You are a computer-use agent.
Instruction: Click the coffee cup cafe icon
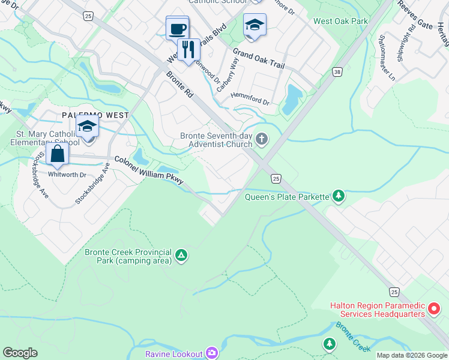pos(177,28)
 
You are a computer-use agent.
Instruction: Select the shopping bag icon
pos(57,153)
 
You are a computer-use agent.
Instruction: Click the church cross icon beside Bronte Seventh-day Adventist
pos(261,140)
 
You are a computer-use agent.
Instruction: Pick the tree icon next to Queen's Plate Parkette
pos(339,196)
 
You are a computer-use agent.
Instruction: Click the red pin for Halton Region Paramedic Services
pos(435,310)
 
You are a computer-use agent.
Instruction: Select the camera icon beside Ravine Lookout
pos(211,353)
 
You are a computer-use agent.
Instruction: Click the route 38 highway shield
pos(338,72)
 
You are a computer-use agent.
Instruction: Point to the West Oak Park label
pos(340,21)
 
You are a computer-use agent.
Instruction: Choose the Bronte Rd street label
pos(180,85)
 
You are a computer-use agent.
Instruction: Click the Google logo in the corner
pos(20,353)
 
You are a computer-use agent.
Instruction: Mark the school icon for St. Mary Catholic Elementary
pos(88,127)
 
